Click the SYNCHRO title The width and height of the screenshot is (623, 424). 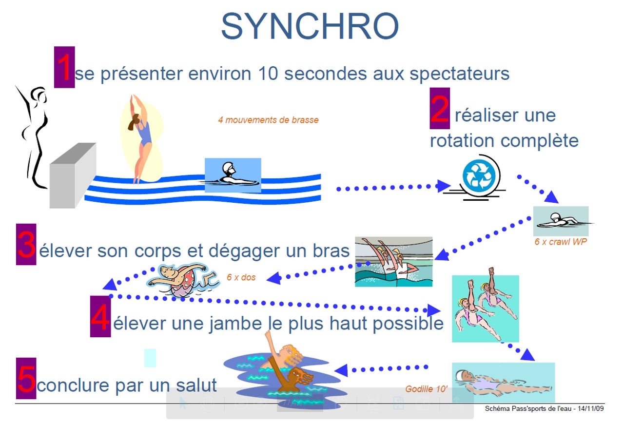(310, 26)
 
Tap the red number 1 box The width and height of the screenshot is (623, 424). (64, 67)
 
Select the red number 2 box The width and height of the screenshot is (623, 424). (439, 108)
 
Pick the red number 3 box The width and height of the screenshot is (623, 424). (26, 244)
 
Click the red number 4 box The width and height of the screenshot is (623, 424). (100, 316)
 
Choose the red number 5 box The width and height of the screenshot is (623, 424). (26, 378)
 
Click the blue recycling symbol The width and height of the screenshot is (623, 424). (479, 176)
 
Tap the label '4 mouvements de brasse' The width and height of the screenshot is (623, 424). (268, 120)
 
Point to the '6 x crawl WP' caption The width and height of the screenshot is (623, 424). (560, 242)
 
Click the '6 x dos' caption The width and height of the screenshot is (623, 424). (241, 277)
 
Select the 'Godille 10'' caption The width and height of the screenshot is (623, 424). (426, 389)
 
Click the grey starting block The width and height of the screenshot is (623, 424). (73, 175)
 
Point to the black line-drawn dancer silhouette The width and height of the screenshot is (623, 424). (33, 136)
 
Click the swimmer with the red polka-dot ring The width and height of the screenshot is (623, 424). (182, 280)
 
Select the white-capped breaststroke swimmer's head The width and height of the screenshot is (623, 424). (229, 169)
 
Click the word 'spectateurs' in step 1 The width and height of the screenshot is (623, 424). (460, 74)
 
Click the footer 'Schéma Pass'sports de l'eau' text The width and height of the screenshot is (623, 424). (528, 408)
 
